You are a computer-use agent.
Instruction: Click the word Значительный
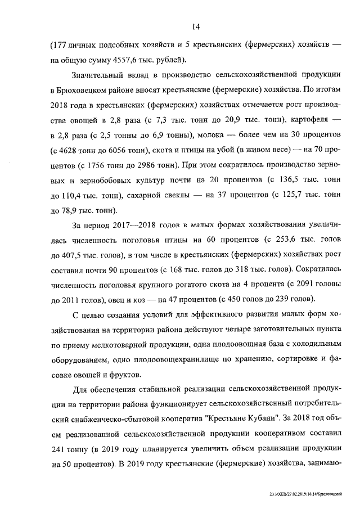click(x=98, y=75)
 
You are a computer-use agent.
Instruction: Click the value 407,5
click(x=73, y=256)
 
